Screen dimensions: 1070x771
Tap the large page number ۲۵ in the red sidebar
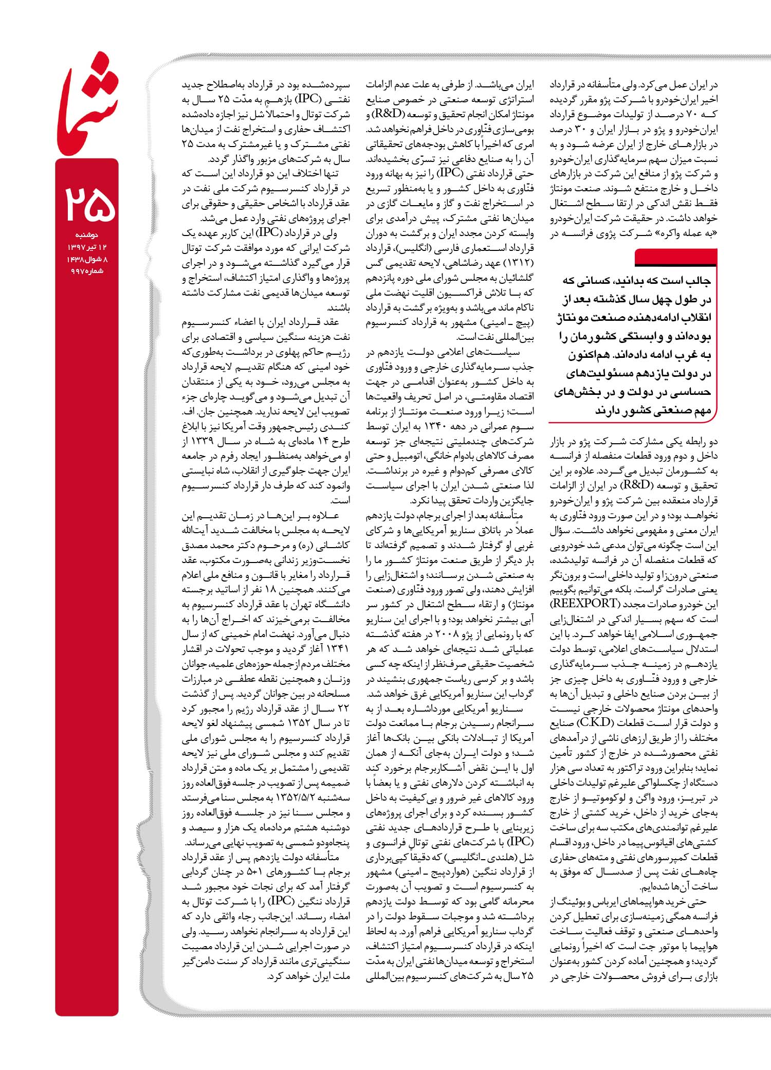tap(87, 204)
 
